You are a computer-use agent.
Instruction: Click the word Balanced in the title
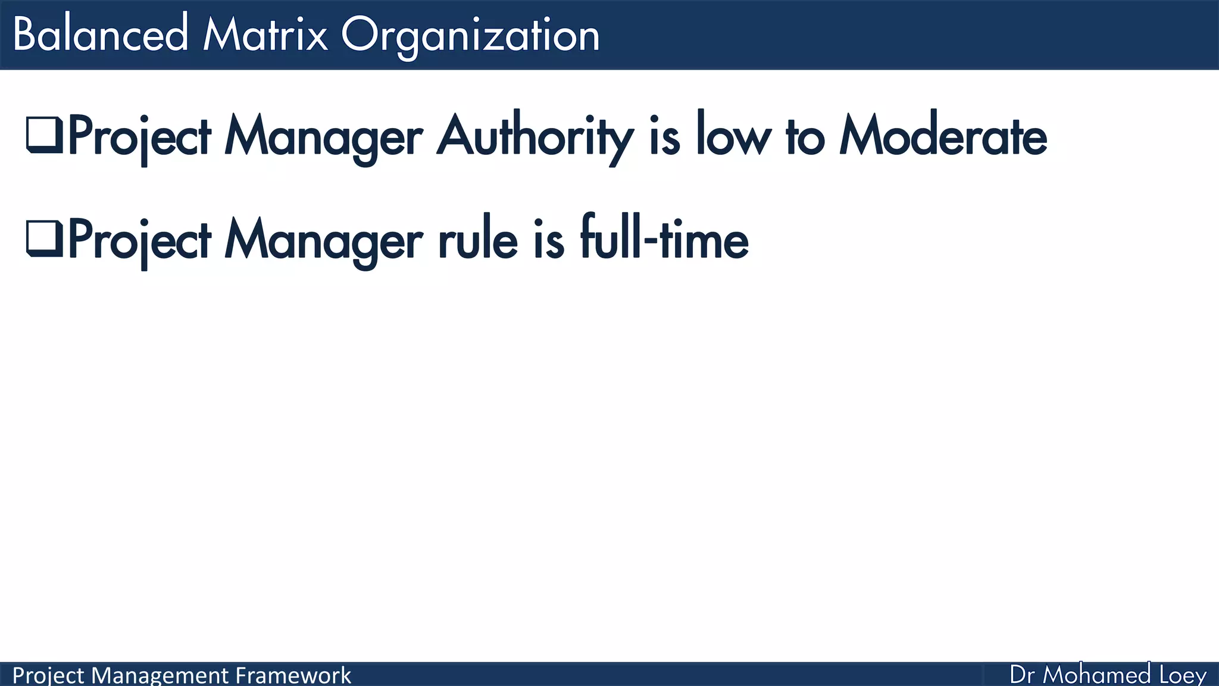(x=100, y=35)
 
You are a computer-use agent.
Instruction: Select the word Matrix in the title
(x=265, y=35)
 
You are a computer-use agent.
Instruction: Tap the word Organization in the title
(x=470, y=36)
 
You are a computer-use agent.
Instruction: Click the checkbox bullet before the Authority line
(x=44, y=135)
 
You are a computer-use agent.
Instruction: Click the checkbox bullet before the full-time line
(x=44, y=238)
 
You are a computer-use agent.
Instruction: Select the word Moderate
(x=943, y=136)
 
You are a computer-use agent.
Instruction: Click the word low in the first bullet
(x=733, y=136)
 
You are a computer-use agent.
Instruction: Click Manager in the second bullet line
(x=323, y=241)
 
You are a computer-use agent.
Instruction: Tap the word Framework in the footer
(x=293, y=675)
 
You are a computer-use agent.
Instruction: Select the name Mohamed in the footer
(x=1097, y=675)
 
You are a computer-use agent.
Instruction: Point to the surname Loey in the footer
(x=1183, y=675)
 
